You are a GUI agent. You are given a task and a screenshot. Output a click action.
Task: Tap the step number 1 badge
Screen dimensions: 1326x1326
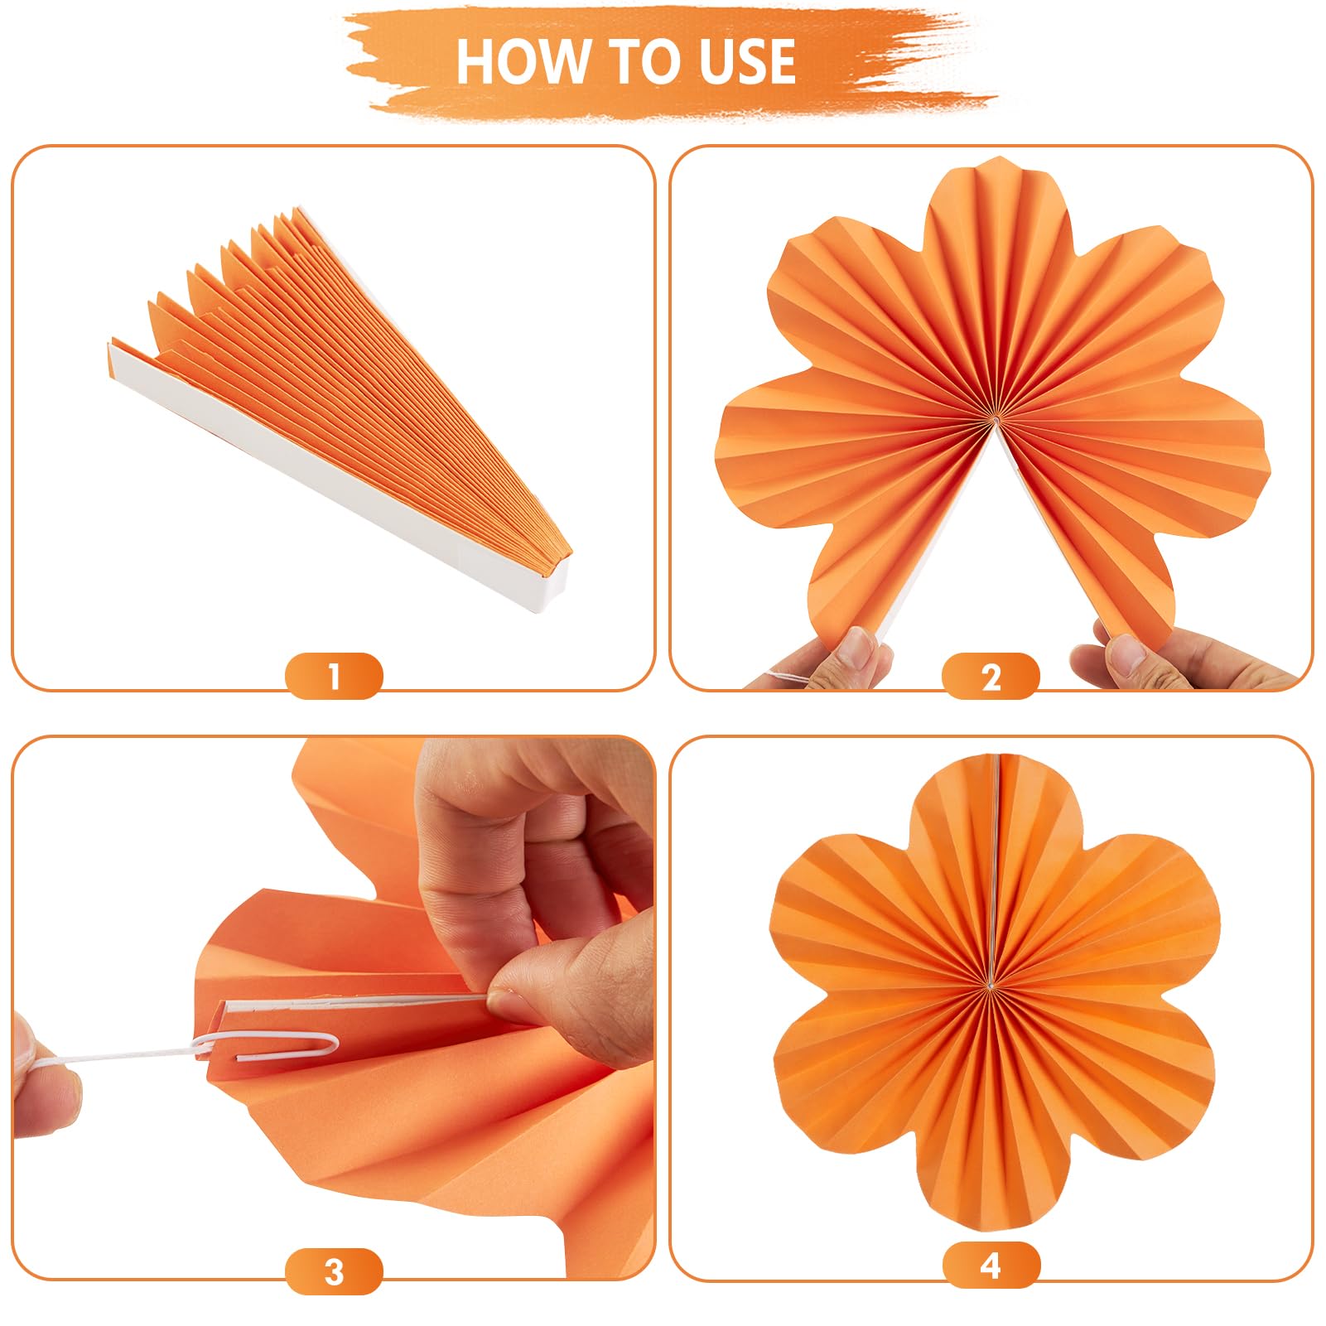click(334, 676)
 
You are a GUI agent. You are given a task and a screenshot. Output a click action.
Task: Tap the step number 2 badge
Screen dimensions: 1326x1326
click(991, 676)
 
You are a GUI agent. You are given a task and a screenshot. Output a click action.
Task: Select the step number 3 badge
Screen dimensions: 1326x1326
click(334, 1271)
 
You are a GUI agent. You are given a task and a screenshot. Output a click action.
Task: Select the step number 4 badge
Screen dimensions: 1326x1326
click(991, 1266)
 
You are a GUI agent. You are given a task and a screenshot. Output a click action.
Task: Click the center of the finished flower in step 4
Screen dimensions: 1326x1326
click(991, 985)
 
